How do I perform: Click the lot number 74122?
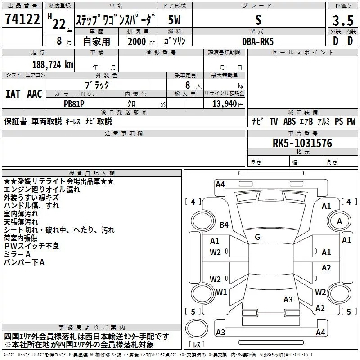click(x=22, y=19)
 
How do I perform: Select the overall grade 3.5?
click(x=343, y=20)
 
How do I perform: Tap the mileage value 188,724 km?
click(x=53, y=65)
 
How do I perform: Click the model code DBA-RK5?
click(x=258, y=41)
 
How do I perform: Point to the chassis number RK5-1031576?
click(x=302, y=143)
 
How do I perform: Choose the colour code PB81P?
click(x=74, y=104)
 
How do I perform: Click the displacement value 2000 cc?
click(x=141, y=41)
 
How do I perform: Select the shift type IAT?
click(x=13, y=94)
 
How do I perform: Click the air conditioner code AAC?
click(x=35, y=94)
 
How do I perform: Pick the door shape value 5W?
click(x=174, y=20)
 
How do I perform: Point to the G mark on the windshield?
click(x=257, y=237)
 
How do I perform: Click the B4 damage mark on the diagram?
click(x=224, y=225)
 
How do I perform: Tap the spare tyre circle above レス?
click(x=197, y=328)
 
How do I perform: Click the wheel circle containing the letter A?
click(x=339, y=221)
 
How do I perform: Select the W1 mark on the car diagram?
click(x=221, y=292)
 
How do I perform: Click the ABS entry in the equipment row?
click(x=289, y=121)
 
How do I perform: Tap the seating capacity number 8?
click(x=188, y=85)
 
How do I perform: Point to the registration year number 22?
click(x=59, y=24)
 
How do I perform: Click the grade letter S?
click(x=258, y=20)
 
